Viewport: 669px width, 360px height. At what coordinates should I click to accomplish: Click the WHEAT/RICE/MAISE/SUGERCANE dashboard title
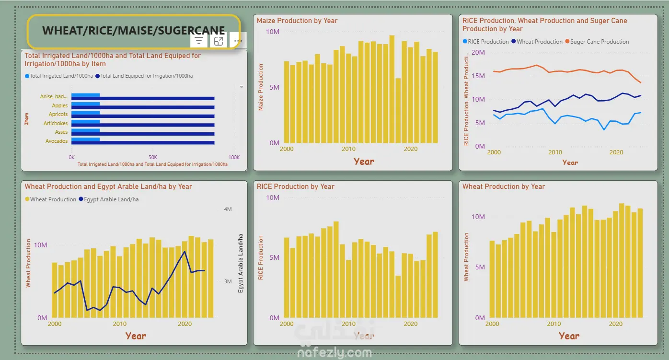point(134,30)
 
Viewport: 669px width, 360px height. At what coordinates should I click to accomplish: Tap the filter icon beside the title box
point(198,41)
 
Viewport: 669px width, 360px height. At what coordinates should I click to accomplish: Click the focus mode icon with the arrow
point(219,41)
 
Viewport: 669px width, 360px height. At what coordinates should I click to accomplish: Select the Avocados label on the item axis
point(57,141)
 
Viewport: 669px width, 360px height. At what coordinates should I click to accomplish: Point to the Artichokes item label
point(56,123)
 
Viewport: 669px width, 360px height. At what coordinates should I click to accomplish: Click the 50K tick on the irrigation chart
point(152,157)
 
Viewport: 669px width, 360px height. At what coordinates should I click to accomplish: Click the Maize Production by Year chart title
point(297,21)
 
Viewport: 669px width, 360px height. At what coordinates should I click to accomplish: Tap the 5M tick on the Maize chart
point(275,87)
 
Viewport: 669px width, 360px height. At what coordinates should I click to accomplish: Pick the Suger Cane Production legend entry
point(597,42)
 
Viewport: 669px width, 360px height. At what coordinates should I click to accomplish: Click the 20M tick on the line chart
point(478,52)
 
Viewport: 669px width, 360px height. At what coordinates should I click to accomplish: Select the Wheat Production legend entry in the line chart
point(537,42)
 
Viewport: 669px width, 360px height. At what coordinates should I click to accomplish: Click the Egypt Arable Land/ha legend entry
point(109,199)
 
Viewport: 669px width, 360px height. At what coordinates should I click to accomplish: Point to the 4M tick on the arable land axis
point(228,209)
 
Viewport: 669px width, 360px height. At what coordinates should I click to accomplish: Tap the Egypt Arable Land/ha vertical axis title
point(241,263)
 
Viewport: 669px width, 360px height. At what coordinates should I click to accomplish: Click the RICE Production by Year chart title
point(295,186)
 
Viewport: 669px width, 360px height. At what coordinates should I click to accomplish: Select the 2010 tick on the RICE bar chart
point(348,324)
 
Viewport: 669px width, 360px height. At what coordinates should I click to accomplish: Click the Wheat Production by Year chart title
point(504,186)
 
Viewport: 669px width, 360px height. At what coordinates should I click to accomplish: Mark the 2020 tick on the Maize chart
point(411,149)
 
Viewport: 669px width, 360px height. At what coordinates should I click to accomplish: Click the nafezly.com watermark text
point(334,353)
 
